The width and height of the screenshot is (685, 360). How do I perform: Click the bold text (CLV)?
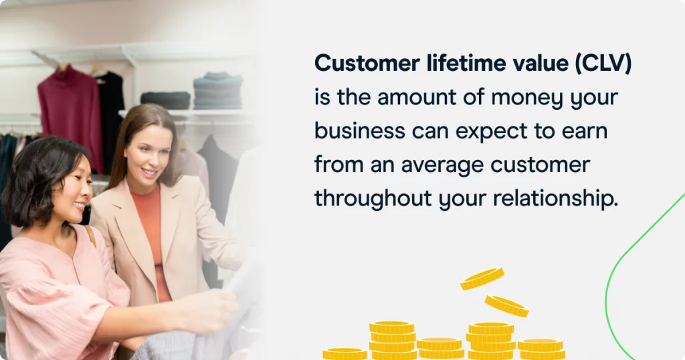[x=603, y=64]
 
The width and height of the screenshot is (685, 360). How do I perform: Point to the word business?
[x=359, y=130]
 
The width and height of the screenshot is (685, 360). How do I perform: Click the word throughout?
[x=373, y=198]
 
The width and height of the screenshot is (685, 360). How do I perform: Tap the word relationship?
[x=556, y=198]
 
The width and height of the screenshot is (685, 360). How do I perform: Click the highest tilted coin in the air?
[x=482, y=278]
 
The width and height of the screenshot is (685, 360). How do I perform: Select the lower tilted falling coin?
[x=507, y=306]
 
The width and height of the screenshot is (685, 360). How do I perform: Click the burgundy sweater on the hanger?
[x=70, y=116]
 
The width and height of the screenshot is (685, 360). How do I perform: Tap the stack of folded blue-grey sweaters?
[x=218, y=91]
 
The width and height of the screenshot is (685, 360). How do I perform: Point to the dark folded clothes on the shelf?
[x=166, y=100]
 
